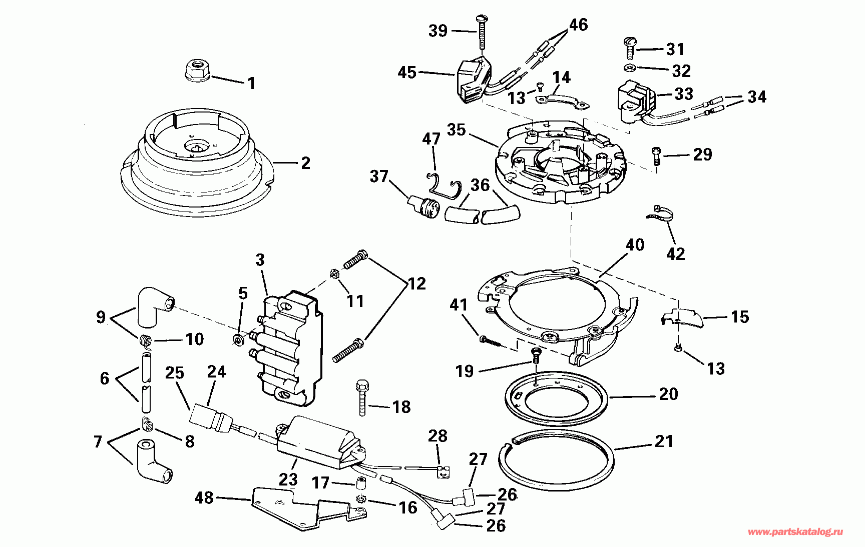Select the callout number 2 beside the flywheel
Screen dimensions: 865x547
305,163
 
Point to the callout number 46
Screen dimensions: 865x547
578,24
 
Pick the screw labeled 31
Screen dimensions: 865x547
630,48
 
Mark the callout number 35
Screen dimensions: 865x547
457,130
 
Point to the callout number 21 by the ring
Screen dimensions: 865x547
664,441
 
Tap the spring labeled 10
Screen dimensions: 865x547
145,340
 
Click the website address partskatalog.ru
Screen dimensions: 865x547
795,532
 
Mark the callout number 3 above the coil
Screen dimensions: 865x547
260,260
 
